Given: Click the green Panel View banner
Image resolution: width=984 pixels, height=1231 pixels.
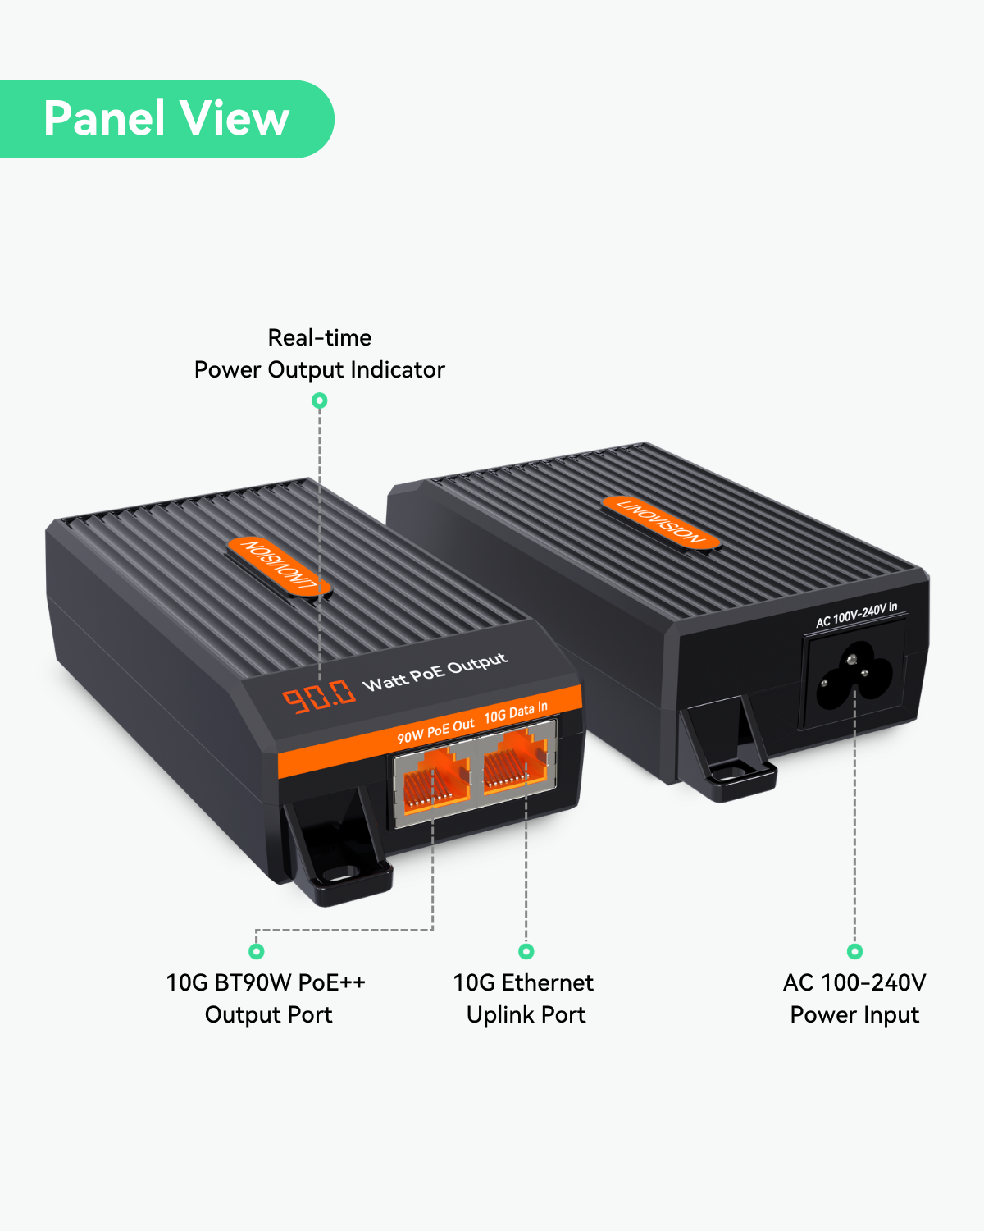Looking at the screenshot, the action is pos(166,119).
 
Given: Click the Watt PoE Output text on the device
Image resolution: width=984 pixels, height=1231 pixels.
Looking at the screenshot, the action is pos(435,672).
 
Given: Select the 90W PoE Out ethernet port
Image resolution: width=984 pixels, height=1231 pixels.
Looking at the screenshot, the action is pos(435,778).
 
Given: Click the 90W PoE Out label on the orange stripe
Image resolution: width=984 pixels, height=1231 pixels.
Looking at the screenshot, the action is pos(435,731).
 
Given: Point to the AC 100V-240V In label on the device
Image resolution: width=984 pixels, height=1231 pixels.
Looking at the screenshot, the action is pos(857,615).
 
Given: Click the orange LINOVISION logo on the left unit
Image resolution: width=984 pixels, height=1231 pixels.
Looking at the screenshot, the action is pos(280,566).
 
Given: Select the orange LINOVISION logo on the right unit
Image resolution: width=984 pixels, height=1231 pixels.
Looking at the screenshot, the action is pos(661,522).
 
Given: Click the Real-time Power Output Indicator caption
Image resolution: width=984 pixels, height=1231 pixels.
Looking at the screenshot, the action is pos(319,354).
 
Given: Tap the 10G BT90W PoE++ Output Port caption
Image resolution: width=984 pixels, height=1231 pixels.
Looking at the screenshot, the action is pos(266,999).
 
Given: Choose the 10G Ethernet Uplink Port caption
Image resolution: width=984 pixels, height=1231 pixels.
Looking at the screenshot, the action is pos(524,999).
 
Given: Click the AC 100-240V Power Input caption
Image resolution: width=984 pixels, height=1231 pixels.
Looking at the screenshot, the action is pos(854,999).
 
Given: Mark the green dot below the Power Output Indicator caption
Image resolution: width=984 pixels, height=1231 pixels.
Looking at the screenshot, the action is pos(320,400).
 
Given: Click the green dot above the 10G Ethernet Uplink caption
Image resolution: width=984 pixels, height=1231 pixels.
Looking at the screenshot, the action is pos(526,951).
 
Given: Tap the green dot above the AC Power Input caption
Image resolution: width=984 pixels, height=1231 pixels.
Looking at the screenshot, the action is pos(854,951).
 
